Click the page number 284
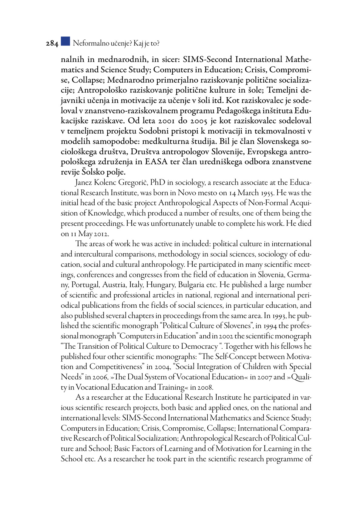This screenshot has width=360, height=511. tap(52, 44)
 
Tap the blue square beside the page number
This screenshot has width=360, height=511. tap(65, 41)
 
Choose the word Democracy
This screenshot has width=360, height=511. tap(199, 347)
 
